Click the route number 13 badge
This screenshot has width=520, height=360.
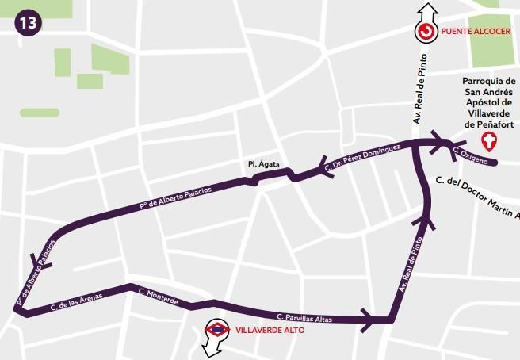click(29, 21)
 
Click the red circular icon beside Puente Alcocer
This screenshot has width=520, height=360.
click(426, 32)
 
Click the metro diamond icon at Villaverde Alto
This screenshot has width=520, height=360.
click(216, 328)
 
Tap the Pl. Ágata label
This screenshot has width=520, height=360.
click(262, 164)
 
